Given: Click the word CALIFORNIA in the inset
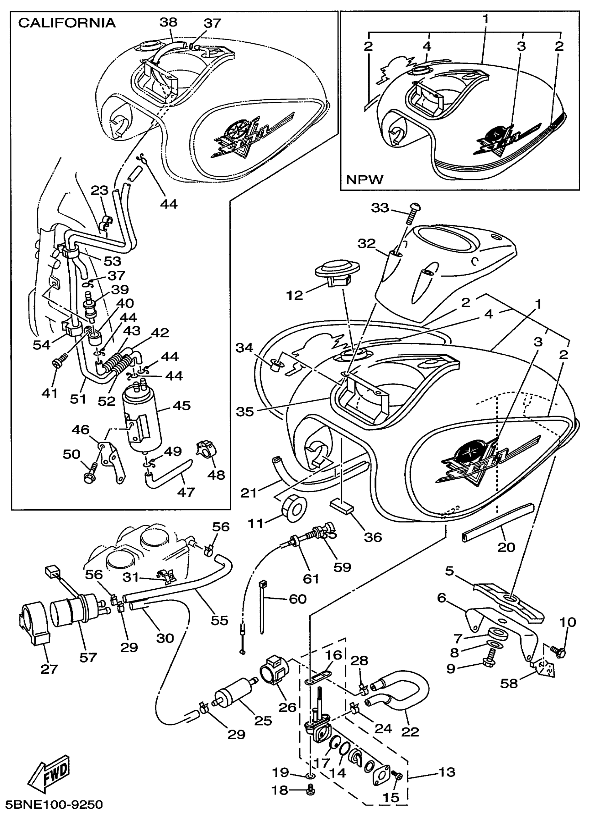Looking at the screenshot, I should coord(67,23).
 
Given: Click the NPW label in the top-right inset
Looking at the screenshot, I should coord(365,179).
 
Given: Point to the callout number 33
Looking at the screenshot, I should coord(380,208).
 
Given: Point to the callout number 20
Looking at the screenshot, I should coord(506,547).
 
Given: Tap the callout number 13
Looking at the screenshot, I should coord(447,772).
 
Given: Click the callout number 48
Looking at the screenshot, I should coord(216,474).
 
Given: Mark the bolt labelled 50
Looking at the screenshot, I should coord(91,473).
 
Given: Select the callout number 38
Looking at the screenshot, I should coord(168,22).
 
